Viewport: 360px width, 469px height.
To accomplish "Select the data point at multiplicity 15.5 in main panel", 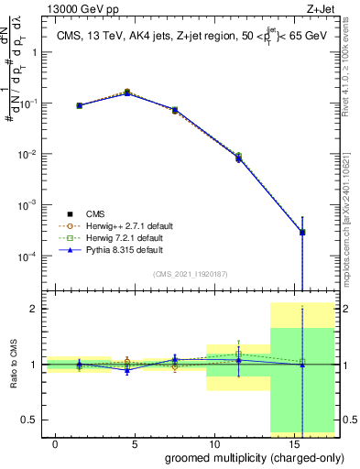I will [302, 232].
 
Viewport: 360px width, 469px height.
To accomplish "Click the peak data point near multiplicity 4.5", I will [127, 93].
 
